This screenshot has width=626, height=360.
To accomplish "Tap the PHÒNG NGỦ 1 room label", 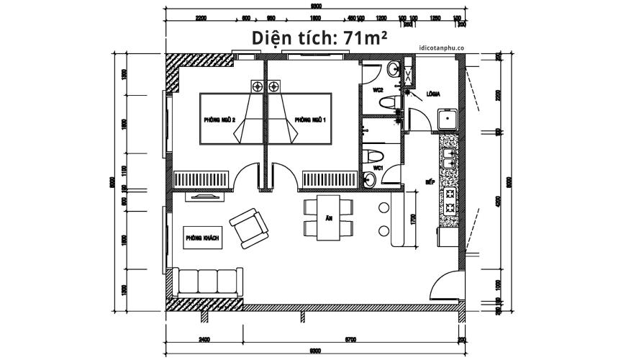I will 311,120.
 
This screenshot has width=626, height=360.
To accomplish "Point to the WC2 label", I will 376,91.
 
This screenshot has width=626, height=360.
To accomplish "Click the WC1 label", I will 376,168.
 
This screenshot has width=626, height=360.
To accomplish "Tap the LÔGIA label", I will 433,94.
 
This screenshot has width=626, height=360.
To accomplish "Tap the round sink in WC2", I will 393,70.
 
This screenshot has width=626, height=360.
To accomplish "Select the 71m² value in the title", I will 365,38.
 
